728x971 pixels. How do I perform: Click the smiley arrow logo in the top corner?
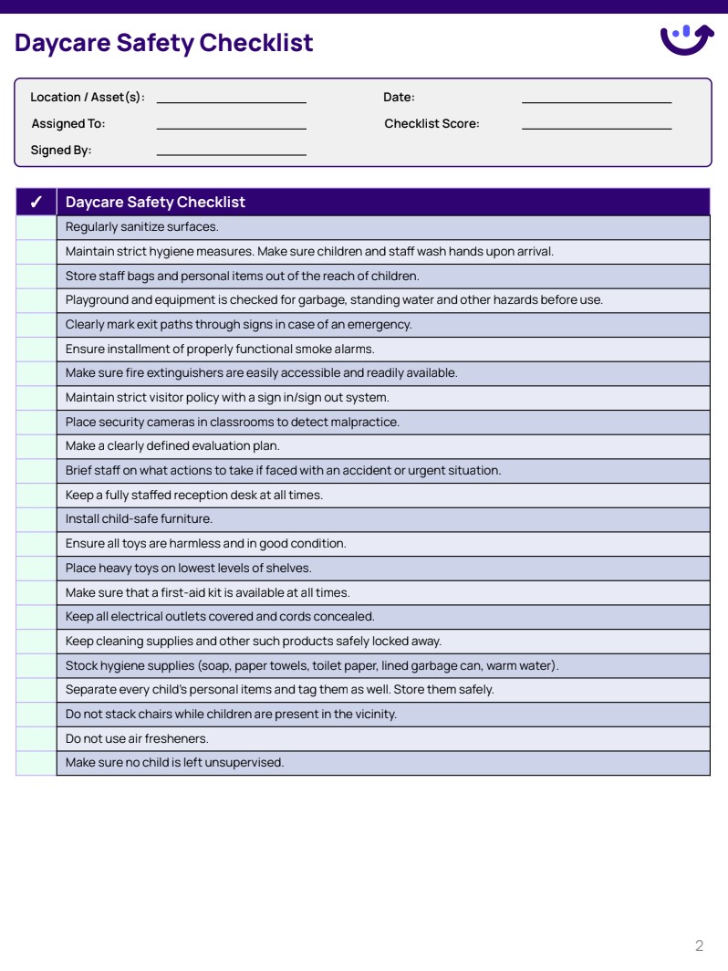pos(686,39)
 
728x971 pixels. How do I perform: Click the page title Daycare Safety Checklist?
pos(164,43)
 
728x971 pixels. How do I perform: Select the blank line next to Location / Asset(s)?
pos(231,99)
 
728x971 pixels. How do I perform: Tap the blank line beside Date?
pos(596,99)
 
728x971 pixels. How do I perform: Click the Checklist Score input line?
pos(596,125)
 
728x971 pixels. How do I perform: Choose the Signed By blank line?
pos(231,151)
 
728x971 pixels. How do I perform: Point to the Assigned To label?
pos(68,124)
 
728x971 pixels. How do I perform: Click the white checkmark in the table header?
pos(36,203)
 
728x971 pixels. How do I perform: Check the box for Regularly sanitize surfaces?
pos(36,227)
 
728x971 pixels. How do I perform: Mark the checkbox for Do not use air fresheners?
pos(36,738)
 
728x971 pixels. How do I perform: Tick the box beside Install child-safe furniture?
pos(36,519)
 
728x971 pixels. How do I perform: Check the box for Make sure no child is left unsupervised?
pos(36,763)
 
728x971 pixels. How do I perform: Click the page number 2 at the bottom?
pos(699,945)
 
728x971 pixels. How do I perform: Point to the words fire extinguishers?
pos(149,373)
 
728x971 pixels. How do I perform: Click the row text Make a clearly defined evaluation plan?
pos(172,446)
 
